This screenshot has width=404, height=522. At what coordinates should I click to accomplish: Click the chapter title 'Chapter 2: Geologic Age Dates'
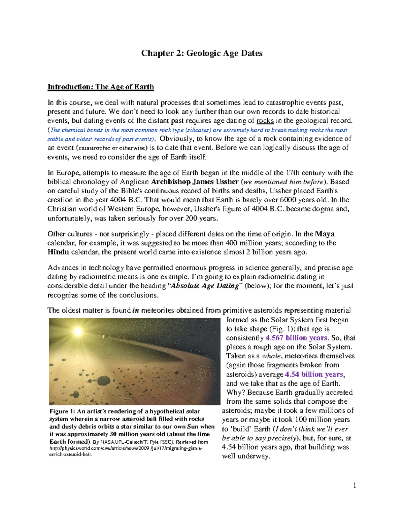point(202,53)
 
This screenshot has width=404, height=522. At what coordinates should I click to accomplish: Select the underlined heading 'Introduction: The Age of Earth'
point(100,87)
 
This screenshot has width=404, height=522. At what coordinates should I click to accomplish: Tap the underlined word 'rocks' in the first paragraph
point(265,121)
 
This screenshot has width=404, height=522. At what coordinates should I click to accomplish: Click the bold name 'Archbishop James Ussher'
point(195,182)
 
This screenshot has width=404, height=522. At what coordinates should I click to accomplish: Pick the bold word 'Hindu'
point(58,252)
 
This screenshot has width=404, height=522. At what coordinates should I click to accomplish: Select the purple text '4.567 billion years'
point(296,338)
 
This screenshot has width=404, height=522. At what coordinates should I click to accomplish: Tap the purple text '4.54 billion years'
point(314,374)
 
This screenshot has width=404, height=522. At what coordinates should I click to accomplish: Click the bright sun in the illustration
point(78,332)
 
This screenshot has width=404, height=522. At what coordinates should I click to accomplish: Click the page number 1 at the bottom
point(355,485)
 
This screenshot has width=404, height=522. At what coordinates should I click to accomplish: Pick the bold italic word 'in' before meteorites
point(136,311)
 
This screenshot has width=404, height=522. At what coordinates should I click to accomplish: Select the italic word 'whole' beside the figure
point(271,356)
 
